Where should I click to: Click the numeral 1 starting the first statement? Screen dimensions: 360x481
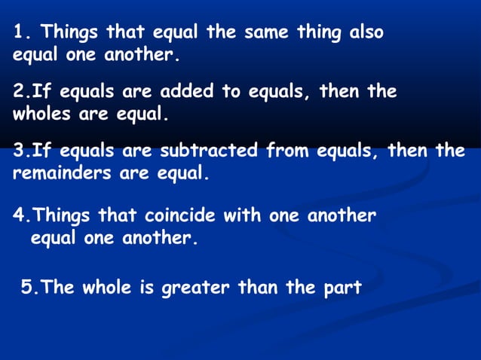point(19,33)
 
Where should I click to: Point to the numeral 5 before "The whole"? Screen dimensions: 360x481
point(26,288)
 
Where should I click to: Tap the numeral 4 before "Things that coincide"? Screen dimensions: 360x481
point(18,216)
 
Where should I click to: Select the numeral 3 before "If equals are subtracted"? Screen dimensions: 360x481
point(18,151)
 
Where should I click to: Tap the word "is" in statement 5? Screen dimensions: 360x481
point(144,288)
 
